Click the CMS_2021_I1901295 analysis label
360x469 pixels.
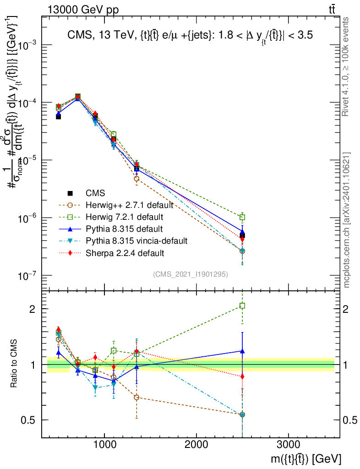click(191, 274)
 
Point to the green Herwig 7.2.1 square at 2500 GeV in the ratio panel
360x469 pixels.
click(242, 305)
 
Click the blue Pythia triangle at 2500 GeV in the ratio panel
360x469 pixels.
click(242, 351)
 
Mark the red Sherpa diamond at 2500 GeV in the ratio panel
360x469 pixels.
click(242, 376)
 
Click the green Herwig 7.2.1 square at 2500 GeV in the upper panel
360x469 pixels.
click(242, 217)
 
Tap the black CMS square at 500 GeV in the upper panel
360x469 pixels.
click(58, 117)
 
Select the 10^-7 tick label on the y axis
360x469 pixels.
click(27, 275)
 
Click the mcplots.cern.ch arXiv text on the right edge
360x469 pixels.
click(347, 220)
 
